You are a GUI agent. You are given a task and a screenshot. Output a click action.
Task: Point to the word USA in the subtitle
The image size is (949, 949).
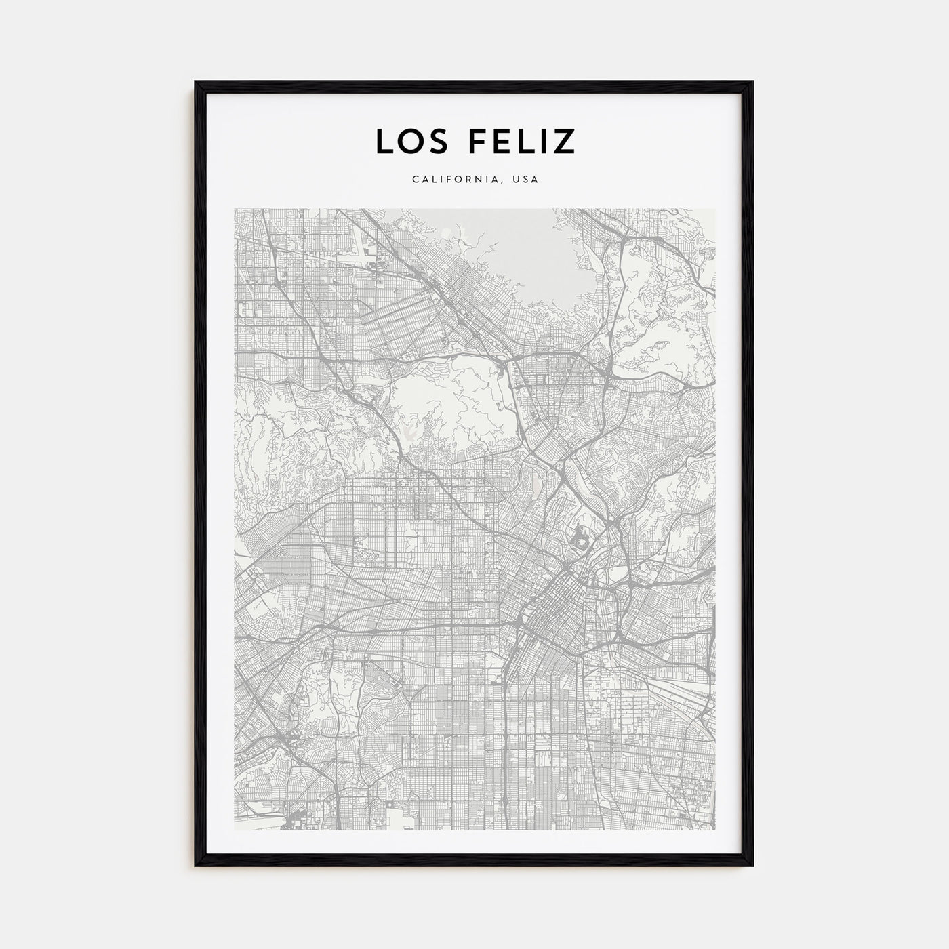click(525, 180)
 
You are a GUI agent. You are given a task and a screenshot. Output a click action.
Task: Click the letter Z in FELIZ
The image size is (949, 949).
click(565, 141)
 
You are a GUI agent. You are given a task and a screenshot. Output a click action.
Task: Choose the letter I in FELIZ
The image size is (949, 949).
click(544, 141)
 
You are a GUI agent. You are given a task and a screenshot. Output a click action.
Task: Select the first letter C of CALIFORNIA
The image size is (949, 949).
click(413, 180)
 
